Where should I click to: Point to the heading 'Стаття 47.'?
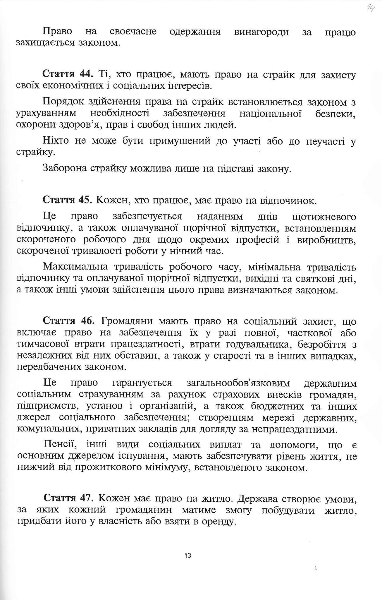(69, 498)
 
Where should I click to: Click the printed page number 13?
(188, 555)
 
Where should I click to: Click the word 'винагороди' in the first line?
(261, 32)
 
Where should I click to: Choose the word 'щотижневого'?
(324, 217)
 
